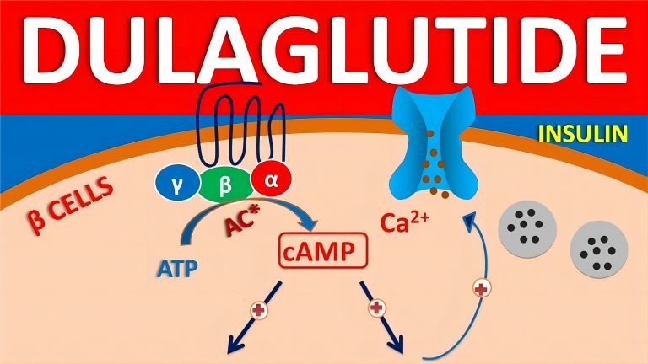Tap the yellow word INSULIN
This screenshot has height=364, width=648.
pyautogui.click(x=583, y=134)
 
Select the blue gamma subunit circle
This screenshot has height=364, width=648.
pyautogui.click(x=176, y=185)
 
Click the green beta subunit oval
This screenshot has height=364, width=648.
pyautogui.click(x=225, y=185)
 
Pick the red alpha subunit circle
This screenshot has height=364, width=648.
pyautogui.click(x=272, y=180)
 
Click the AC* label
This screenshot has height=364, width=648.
pyautogui.click(x=242, y=221)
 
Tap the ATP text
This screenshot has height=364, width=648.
pyautogui.click(x=177, y=269)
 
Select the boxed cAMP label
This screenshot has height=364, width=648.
pyautogui.click(x=323, y=250)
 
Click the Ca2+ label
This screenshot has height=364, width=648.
pyautogui.click(x=405, y=222)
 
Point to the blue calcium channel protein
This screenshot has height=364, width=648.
pyautogui.click(x=434, y=142)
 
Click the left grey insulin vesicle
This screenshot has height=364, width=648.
pyautogui.click(x=527, y=229)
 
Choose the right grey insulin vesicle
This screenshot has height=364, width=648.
pyautogui.click(x=599, y=249)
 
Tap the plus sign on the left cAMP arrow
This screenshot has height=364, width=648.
pyautogui.click(x=259, y=310)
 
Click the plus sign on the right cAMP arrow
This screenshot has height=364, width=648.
pyautogui.click(x=376, y=308)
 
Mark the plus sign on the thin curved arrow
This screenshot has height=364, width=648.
pyautogui.click(x=482, y=288)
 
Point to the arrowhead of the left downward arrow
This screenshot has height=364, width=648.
pyautogui.click(x=234, y=344)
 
